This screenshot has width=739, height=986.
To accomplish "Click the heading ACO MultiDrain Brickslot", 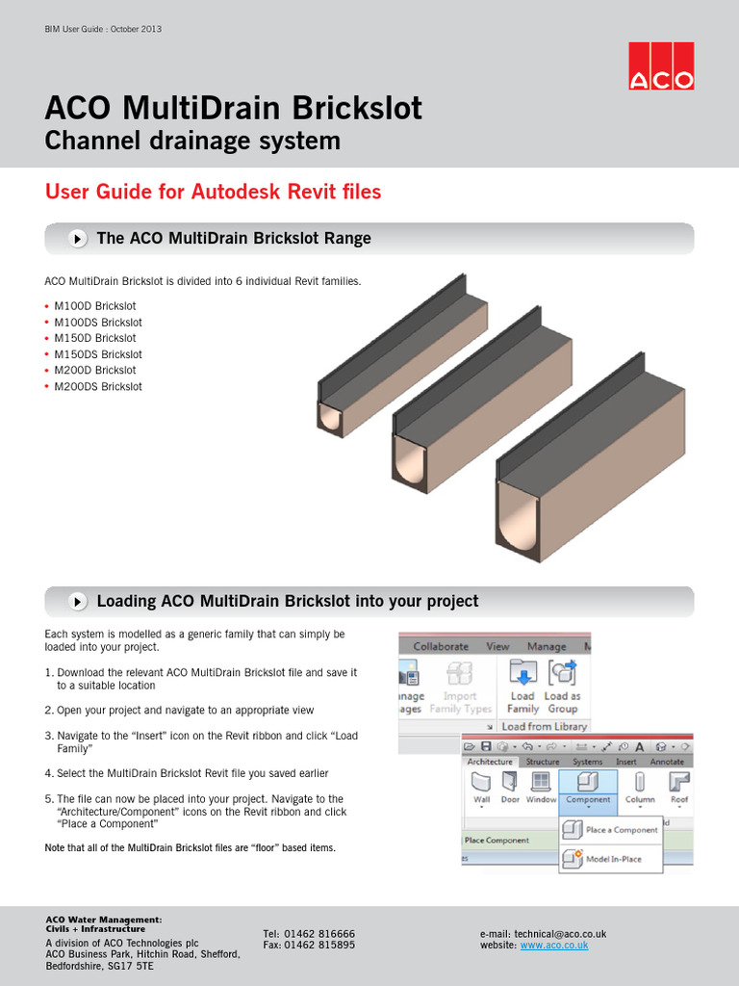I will point(234,108).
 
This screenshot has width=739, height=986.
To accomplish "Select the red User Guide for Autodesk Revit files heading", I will point(213,192).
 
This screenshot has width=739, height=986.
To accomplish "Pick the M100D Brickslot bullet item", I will point(95,306).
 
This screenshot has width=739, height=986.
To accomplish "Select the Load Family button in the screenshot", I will point(522,686).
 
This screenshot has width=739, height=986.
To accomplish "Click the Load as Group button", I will point(562,686).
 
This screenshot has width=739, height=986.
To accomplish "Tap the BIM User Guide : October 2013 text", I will point(103,29).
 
